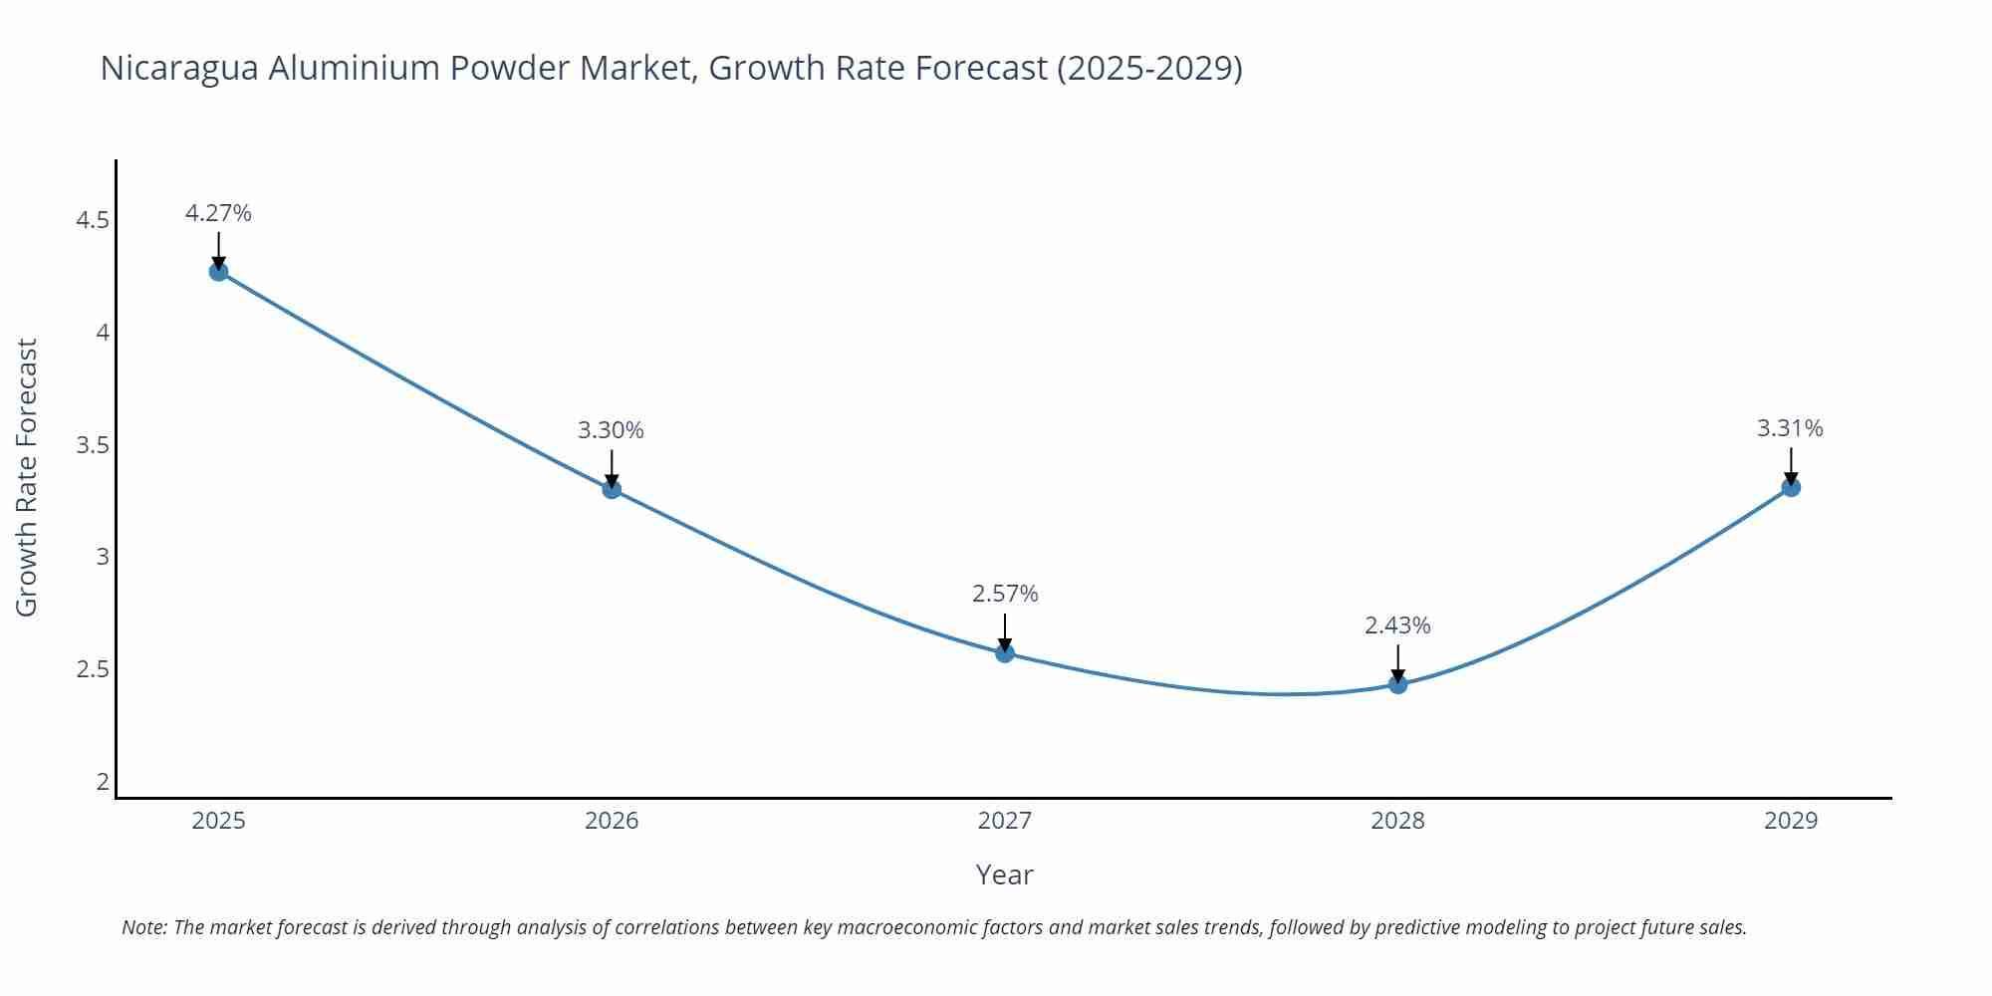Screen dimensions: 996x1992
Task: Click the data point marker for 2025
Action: coord(218,272)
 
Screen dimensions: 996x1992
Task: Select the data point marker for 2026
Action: coord(612,489)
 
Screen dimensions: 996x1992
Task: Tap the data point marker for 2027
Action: coord(1004,653)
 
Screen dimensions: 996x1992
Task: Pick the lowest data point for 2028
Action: coord(1397,684)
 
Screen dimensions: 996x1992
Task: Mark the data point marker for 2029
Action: coord(1790,487)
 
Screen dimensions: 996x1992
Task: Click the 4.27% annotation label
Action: coord(218,213)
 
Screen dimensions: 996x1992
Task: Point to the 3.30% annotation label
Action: coord(611,430)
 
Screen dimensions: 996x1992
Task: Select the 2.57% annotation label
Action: coord(1004,594)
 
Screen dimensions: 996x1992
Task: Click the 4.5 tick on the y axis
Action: coord(93,220)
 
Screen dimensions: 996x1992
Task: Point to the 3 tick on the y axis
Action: coord(103,557)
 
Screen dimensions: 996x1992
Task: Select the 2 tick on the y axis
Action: coord(103,782)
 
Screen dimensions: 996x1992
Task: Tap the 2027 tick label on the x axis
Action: coord(1004,821)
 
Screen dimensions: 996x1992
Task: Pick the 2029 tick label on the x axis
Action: coord(1790,821)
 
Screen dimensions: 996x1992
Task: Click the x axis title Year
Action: coord(1004,874)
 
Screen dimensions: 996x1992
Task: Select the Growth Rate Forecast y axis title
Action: coord(27,478)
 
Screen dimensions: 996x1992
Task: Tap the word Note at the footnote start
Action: coord(143,927)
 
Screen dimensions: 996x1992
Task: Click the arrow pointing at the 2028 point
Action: coord(1397,662)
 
